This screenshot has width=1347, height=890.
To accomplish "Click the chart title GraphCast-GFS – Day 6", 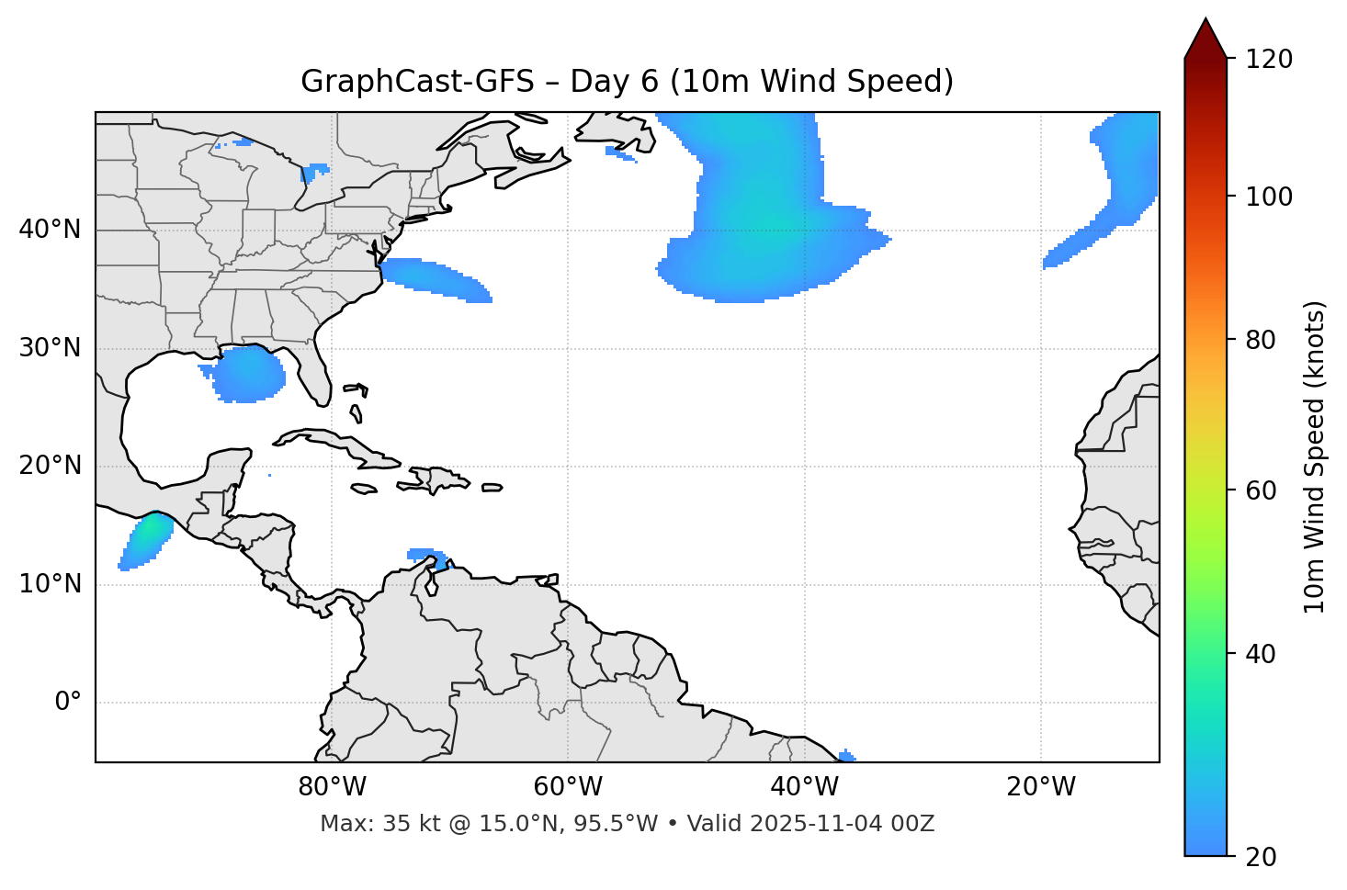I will coord(627,82).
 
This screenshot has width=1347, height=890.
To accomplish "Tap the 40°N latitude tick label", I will coord(50,230).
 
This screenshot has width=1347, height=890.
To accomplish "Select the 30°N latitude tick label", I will coord(50,348).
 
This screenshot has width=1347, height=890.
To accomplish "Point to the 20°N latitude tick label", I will coord(50,466).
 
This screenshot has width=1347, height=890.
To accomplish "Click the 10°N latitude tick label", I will coord(50,584).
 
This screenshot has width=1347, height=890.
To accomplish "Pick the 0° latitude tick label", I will coord(67,703).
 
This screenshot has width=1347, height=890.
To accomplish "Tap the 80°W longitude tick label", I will coord(332,787).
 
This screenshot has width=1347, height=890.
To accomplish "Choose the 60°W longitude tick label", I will coord(568,787).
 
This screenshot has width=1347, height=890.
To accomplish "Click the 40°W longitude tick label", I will coord(804,787).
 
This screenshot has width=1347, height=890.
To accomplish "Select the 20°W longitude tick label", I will coord(1040,787).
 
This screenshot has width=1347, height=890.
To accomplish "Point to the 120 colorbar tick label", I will coord(1268,60).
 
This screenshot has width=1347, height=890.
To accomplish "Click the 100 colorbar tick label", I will coord(1268,197).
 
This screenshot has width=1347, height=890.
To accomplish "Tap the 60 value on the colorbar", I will coord(1261,490).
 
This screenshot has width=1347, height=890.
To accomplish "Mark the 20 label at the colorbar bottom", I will coord(1261,857).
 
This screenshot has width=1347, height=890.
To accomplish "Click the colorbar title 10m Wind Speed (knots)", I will coord(1315,457).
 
